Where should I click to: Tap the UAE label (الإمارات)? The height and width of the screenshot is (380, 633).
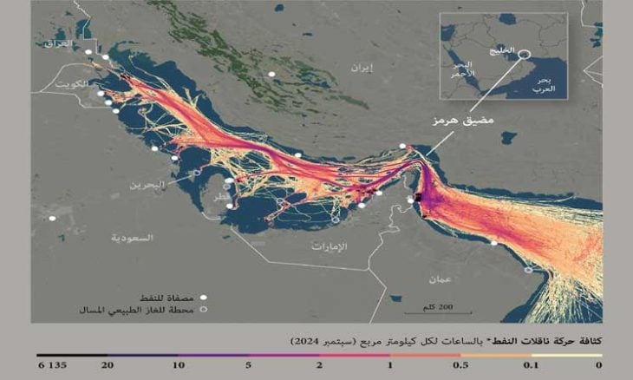pos(330,246)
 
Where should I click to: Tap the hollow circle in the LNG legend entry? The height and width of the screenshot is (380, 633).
pos(204,309)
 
